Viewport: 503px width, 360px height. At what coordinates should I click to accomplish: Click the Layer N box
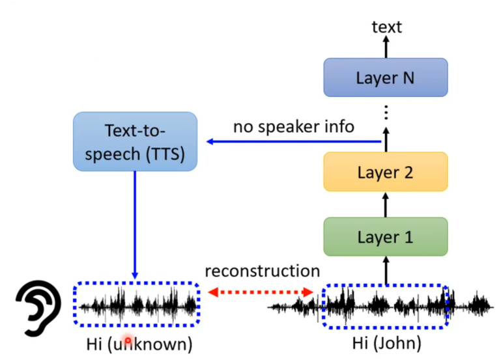pyautogui.click(x=385, y=77)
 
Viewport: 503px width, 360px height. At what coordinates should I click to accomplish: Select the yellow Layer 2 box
pyautogui.click(x=385, y=172)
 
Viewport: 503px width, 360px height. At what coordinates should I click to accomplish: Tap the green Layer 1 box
pyautogui.click(x=385, y=236)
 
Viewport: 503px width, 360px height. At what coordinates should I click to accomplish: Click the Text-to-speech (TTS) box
pyautogui.click(x=136, y=141)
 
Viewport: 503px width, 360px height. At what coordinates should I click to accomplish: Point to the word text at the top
pyautogui.click(x=386, y=27)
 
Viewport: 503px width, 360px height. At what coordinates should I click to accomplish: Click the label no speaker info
pyautogui.click(x=293, y=126)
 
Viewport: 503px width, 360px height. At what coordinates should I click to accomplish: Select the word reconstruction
pyautogui.click(x=263, y=271)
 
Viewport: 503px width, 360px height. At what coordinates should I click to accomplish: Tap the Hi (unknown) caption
pyautogui.click(x=139, y=342)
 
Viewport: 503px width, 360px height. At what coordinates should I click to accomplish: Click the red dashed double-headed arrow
pyautogui.click(x=261, y=292)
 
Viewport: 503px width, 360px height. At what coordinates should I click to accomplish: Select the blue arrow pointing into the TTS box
pyautogui.click(x=293, y=141)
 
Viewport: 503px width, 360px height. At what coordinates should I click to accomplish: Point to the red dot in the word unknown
pyautogui.click(x=128, y=340)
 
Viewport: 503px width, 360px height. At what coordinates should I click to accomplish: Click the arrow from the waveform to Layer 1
pyautogui.click(x=385, y=270)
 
